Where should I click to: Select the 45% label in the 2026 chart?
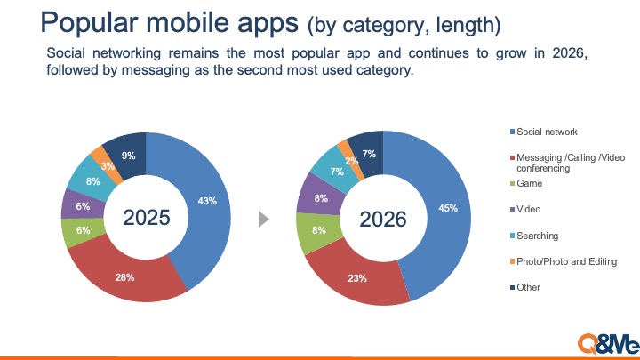448,209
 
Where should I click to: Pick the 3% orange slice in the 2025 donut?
107,165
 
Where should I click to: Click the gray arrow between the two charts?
264,218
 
